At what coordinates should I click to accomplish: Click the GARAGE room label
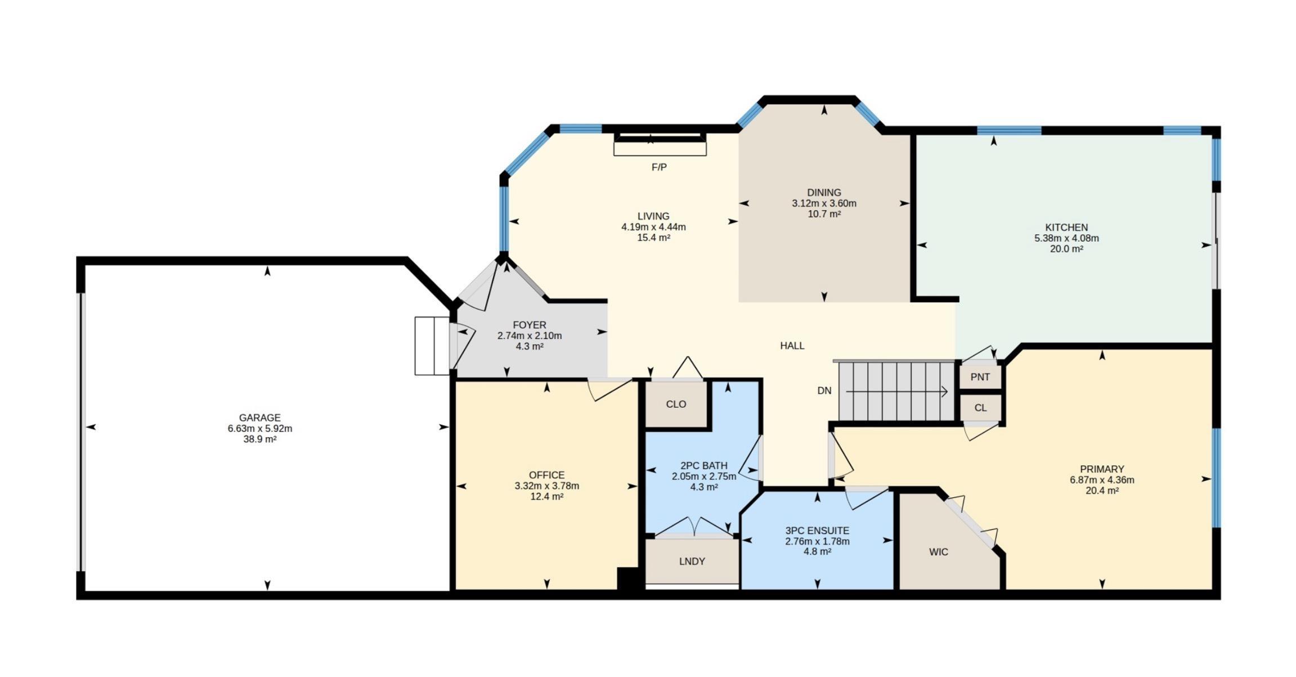[x=259, y=418]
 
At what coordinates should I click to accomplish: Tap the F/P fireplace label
[x=659, y=167]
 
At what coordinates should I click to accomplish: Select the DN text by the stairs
[x=824, y=390]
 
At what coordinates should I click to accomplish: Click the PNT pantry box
[x=980, y=377]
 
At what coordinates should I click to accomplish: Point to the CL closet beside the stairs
[x=980, y=408]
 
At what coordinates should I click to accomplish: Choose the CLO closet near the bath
[x=676, y=404]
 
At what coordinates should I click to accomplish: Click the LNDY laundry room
[x=692, y=562]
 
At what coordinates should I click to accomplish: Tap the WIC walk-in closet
[x=939, y=552]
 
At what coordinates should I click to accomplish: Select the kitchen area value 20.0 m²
[x=1066, y=249]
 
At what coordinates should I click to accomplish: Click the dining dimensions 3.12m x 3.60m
[x=824, y=203]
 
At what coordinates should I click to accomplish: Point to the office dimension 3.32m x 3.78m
[x=546, y=486]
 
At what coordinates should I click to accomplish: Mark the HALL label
[x=792, y=346]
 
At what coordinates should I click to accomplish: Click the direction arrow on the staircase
[x=897, y=391]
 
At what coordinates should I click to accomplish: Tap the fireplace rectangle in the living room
[x=660, y=145]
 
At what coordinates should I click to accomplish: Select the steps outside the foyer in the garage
[x=432, y=346]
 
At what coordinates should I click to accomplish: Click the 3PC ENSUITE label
[x=817, y=531]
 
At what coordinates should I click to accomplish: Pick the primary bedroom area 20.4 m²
[x=1102, y=491]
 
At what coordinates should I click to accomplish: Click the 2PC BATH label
[x=703, y=466]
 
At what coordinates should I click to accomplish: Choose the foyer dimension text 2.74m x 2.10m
[x=529, y=336]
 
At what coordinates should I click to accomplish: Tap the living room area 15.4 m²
[x=653, y=238]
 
